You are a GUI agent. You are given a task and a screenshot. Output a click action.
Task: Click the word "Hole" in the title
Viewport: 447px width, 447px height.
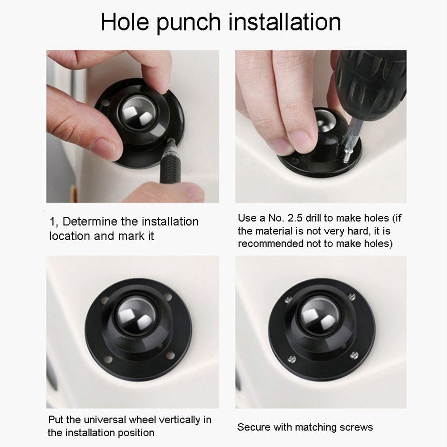125,22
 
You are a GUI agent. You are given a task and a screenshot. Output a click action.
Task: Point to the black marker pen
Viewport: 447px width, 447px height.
169,161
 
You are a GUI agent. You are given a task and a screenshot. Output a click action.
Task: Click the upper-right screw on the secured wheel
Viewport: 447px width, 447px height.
352,297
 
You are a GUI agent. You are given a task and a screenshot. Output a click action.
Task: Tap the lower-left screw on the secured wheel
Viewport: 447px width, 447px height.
291,358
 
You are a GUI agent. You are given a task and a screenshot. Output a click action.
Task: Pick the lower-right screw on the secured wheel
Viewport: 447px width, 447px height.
354,355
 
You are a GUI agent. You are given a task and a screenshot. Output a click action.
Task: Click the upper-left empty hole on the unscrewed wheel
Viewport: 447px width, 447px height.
105,300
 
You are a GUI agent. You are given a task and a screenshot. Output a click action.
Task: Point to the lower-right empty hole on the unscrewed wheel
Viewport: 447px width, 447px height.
170,356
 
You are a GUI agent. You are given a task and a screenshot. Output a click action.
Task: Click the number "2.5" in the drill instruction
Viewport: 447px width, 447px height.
295,218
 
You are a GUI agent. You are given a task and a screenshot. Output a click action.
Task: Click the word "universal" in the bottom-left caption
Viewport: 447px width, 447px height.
105,420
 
